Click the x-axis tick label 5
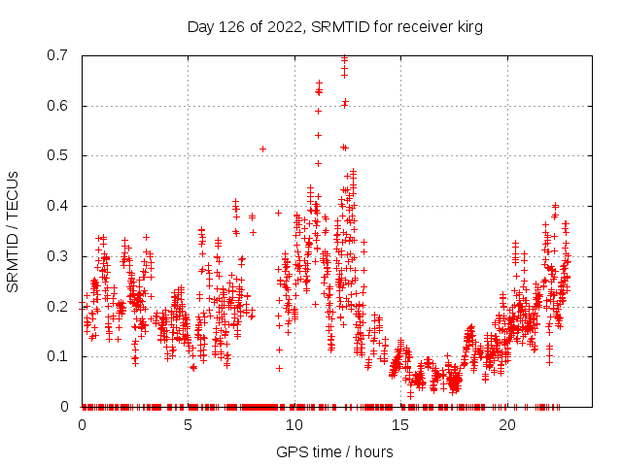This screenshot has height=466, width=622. click(188, 425)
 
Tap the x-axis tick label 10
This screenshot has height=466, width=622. click(294, 425)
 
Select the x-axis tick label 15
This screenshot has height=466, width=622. click(400, 425)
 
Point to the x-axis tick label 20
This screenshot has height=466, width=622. click(507, 425)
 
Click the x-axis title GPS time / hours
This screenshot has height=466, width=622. click(334, 451)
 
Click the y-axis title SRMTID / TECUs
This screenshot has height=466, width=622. click(13, 231)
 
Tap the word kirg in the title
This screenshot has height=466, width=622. click(467, 26)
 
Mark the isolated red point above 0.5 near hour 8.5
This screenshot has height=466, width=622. click(262, 149)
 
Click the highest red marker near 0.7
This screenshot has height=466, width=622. click(344, 57)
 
